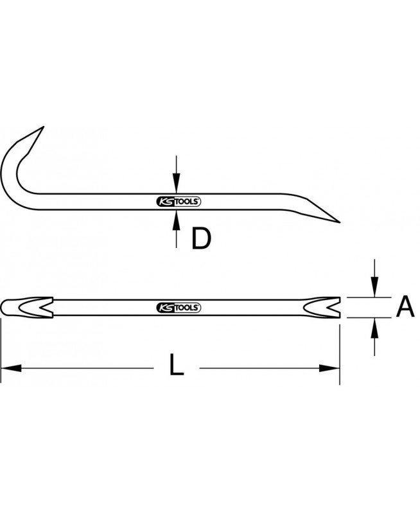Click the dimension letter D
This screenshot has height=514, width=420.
(202, 238)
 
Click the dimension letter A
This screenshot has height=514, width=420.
(405, 306)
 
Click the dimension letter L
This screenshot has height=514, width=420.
(176, 364)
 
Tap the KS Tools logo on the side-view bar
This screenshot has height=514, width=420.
(179, 202)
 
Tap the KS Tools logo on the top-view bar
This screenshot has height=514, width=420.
(179, 308)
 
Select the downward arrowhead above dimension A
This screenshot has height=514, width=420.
(374, 287)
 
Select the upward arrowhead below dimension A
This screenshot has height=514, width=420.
(374, 328)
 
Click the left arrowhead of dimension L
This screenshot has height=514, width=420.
(11, 368)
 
